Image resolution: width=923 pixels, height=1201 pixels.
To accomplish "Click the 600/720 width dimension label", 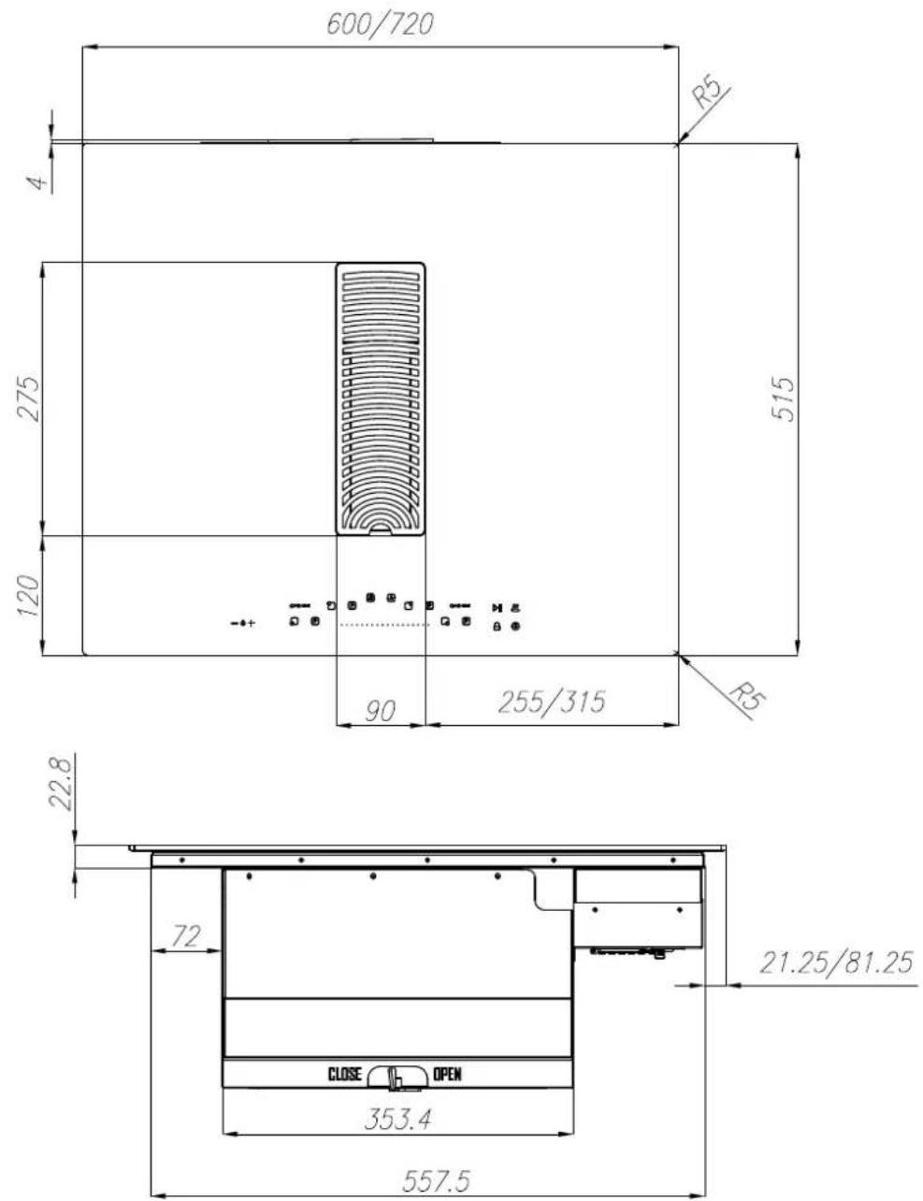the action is tap(380, 24).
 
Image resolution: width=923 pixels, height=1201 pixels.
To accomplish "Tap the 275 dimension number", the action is tap(28, 398).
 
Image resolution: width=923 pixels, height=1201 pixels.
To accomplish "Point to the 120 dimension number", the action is tap(28, 596).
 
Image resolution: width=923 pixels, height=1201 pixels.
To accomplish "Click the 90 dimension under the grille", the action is tap(380, 711).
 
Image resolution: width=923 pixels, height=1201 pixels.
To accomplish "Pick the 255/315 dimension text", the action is tap(551, 702).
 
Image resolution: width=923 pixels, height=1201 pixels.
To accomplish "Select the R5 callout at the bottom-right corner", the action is tap(748, 699).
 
